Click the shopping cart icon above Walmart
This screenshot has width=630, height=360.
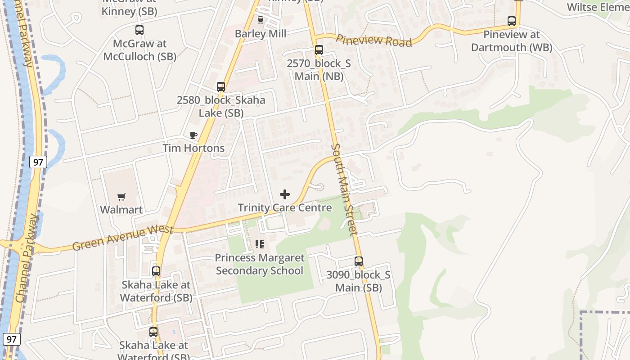click(121, 197)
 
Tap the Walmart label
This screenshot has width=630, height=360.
click(121, 210)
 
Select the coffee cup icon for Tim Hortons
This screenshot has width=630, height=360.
click(193, 135)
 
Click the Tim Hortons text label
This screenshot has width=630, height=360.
click(193, 148)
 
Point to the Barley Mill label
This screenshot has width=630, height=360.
click(261, 34)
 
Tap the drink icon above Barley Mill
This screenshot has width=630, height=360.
click(260, 20)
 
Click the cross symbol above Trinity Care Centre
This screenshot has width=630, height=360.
click(285, 194)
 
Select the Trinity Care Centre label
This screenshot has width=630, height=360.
click(285, 208)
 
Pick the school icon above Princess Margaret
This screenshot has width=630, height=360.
click(260, 244)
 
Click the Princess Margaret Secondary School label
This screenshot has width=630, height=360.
click(260, 264)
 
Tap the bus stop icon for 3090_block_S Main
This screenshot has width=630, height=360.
click(359, 261)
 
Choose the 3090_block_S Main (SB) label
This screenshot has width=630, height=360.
click(359, 281)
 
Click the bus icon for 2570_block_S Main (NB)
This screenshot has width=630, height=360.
click(319, 50)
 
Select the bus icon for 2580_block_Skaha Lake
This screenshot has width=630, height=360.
click(221, 87)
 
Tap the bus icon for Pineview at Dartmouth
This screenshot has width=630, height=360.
click(512, 21)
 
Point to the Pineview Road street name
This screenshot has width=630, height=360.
click(373, 40)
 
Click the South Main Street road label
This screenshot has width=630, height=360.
click(344, 189)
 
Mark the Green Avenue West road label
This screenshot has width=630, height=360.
click(122, 238)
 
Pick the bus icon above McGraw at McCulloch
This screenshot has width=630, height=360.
click(139, 30)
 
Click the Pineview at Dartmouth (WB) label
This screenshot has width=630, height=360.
click(512, 41)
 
